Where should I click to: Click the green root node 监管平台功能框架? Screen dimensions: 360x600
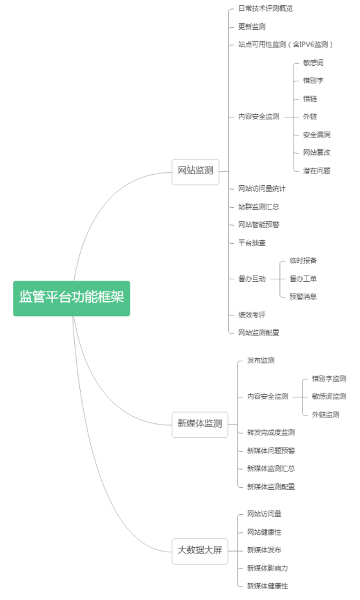[72, 299]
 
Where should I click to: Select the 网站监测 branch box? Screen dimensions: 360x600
[195, 172]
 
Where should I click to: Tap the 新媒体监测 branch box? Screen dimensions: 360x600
[200, 425]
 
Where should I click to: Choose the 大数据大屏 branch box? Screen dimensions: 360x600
[200, 551]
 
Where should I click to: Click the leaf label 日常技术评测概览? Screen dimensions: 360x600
[266, 8]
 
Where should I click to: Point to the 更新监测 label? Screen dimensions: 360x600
[252, 26]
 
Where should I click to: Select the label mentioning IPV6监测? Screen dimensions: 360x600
[285, 45]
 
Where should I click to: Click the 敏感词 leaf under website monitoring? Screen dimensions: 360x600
[314, 63]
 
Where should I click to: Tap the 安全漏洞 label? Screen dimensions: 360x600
[317, 135]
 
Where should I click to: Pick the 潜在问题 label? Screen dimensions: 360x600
[317, 171]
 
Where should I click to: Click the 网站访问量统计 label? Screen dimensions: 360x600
[262, 188]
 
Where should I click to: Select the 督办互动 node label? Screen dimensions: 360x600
[252, 279]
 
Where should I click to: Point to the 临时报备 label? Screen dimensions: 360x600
[303, 261]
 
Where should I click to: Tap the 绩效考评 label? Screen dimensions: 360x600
[252, 315]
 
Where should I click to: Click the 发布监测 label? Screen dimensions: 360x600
[261, 360]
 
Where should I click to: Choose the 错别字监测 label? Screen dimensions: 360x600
[329, 379]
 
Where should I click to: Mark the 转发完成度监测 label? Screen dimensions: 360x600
[271, 432]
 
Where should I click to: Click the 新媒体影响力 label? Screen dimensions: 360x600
[267, 568]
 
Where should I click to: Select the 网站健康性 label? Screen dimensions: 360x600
[264, 532]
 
